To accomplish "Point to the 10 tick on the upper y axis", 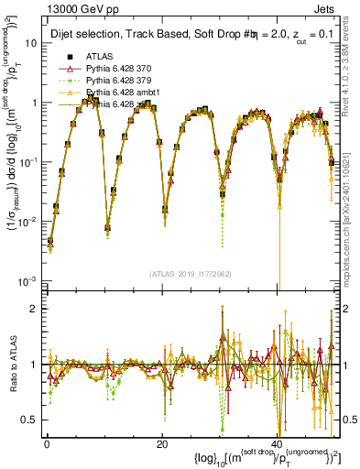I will point(30,43).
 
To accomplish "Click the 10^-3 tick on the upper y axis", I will point(27,279).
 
